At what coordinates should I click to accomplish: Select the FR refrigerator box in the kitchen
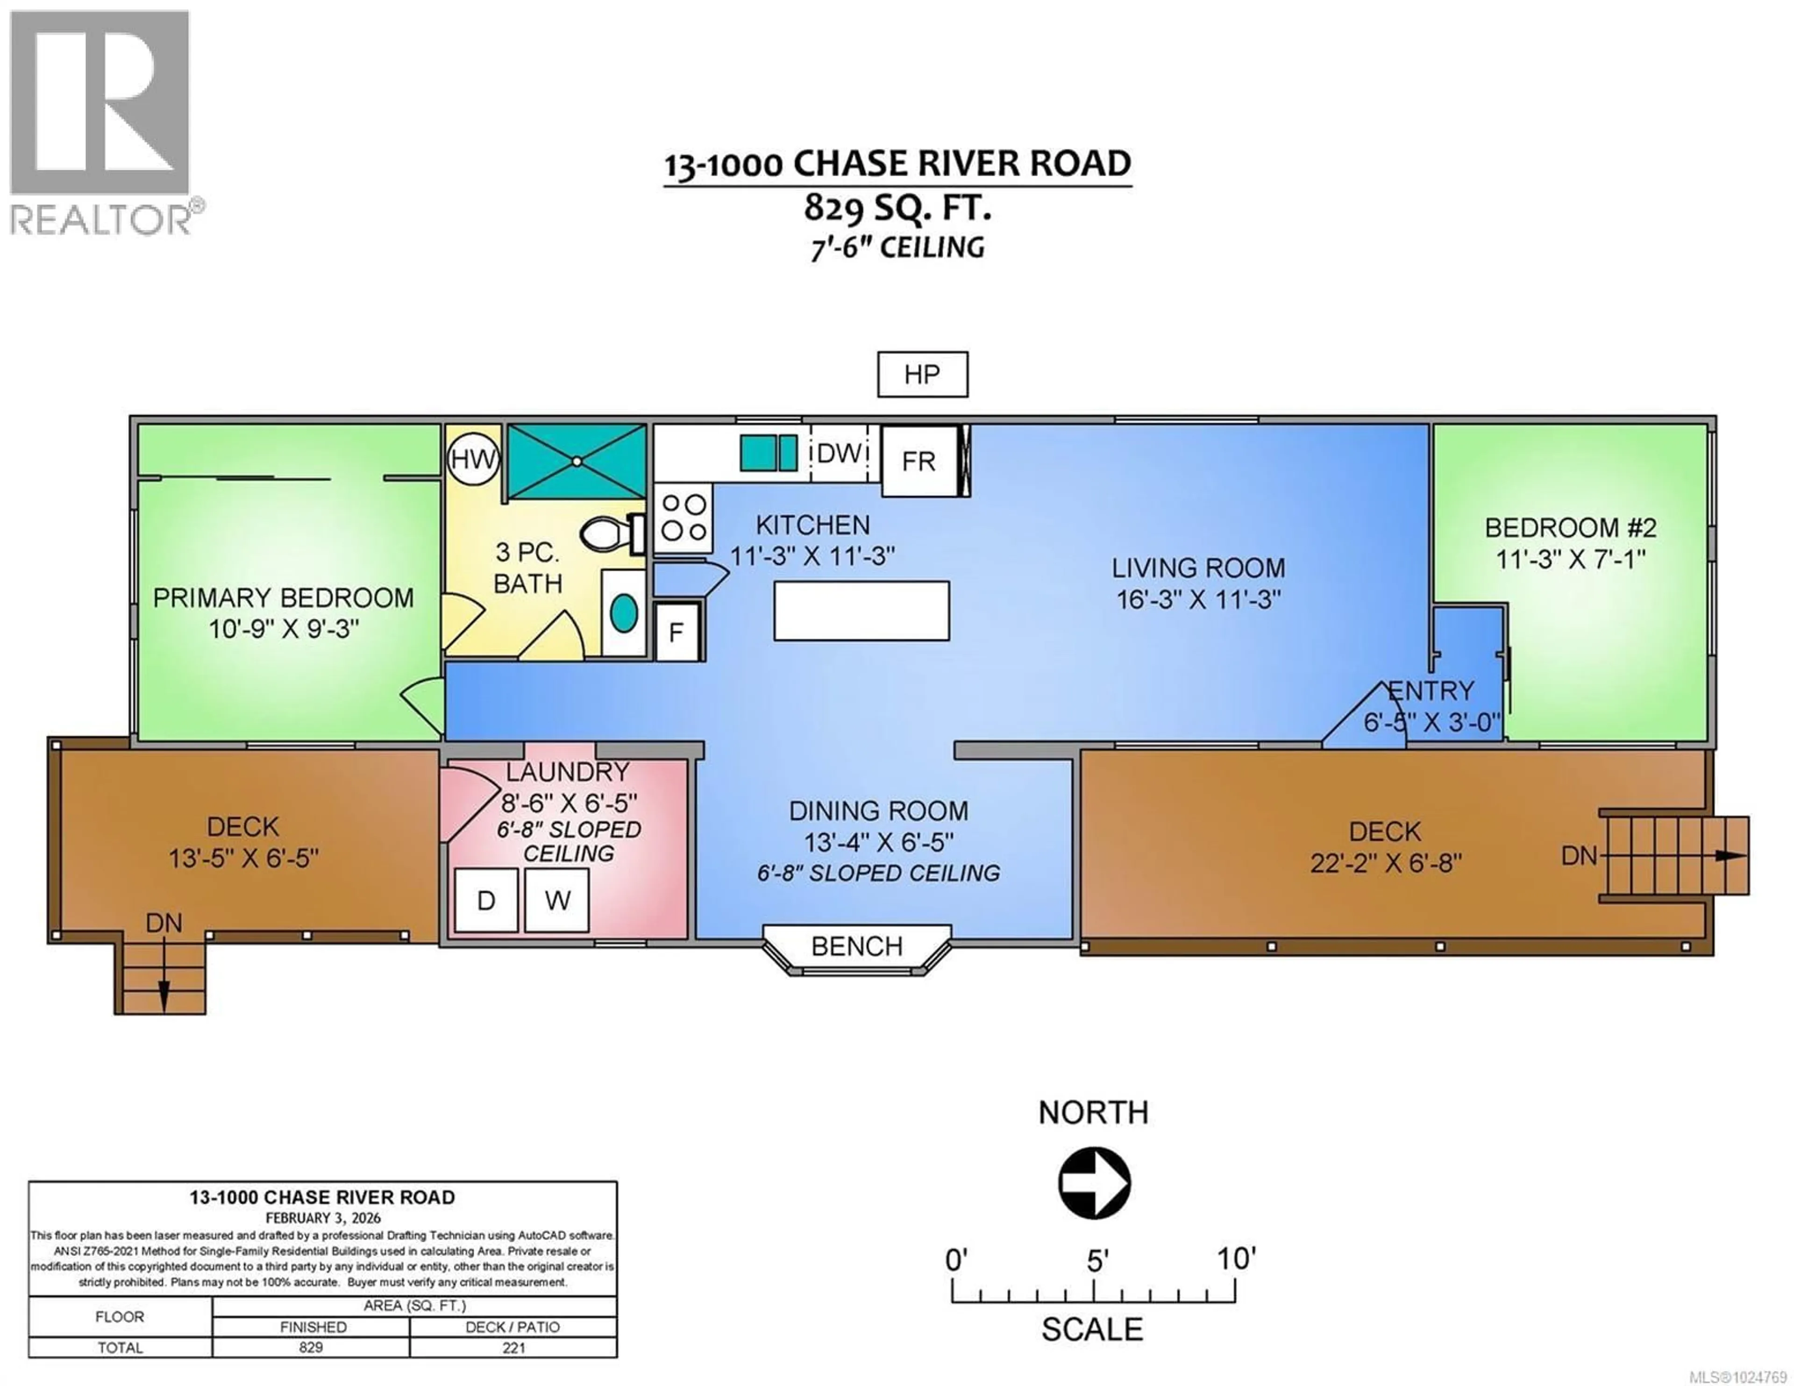(x=919, y=461)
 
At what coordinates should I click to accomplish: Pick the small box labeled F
(x=676, y=632)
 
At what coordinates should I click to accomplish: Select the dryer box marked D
(x=485, y=901)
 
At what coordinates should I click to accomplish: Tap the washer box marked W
(x=557, y=901)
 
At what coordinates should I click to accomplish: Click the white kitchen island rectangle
(x=861, y=611)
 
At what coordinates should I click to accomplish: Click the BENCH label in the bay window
(x=857, y=946)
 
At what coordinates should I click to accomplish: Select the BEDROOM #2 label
(x=1571, y=527)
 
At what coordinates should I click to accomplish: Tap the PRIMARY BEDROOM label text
(x=284, y=597)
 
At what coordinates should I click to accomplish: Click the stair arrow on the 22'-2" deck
(x=1728, y=856)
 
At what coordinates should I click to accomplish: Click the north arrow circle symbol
(x=1093, y=1184)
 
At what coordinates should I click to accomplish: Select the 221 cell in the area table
(x=513, y=1347)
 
